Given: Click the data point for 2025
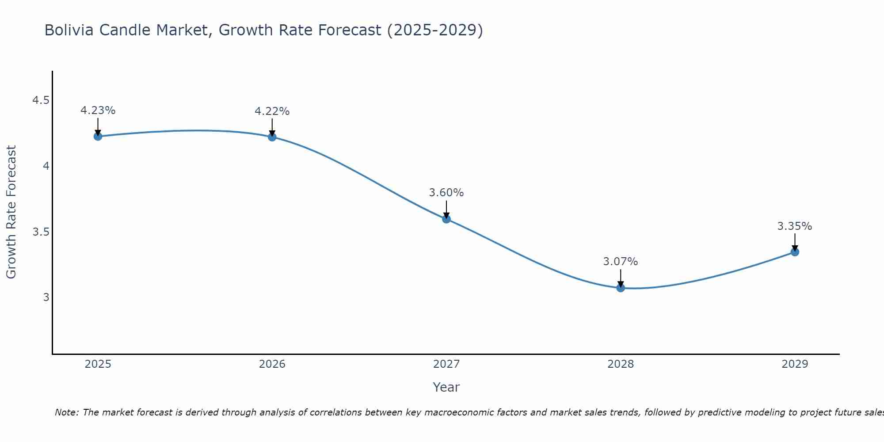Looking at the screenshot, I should point(98,136).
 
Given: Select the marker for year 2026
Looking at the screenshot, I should point(272,137).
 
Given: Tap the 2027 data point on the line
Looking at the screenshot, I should point(446,219).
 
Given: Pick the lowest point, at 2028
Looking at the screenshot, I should point(621,288).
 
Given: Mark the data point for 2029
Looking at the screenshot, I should point(795,252).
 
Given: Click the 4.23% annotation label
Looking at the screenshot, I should point(98,110).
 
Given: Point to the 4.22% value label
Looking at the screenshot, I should point(272,111).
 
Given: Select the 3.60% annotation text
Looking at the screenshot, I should point(446,193).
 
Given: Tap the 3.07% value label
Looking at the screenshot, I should point(621,262).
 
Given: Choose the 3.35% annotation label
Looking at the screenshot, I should point(795,226).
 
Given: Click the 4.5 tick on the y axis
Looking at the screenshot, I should point(41,101).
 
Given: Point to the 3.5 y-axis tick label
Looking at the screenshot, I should point(41,232).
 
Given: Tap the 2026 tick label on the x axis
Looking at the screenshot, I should point(272,364).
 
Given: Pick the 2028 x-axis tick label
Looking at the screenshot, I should point(621,364).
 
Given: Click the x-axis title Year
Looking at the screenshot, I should point(446,387).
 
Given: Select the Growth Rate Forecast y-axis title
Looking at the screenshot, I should point(11,212).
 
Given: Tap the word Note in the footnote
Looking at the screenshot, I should point(66,413).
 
